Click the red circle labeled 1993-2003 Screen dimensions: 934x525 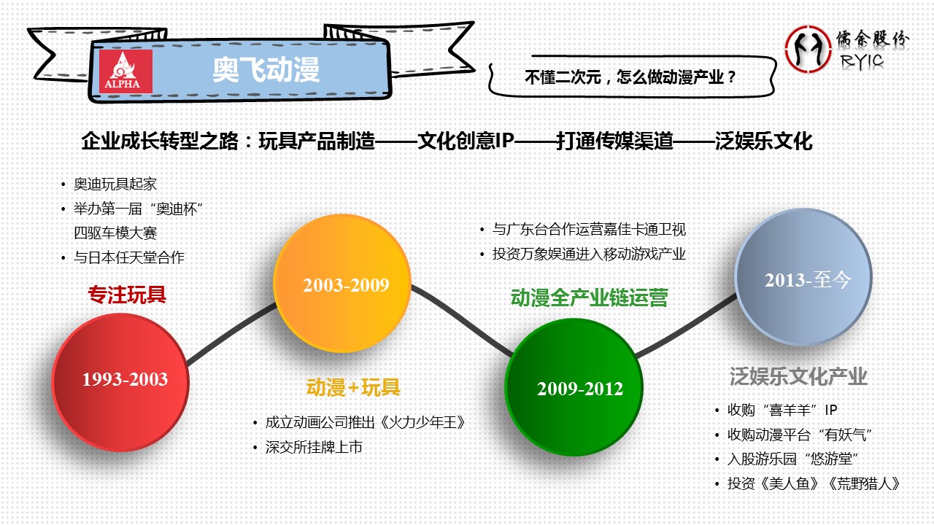tap(121, 382)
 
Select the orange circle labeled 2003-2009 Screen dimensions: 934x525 tap(342, 284)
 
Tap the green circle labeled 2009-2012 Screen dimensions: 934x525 tap(574, 387)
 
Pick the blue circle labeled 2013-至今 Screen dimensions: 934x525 tap(803, 277)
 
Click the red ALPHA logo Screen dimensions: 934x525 tap(126, 71)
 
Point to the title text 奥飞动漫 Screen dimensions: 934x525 tap(266, 69)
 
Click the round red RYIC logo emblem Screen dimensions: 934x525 tap(808, 49)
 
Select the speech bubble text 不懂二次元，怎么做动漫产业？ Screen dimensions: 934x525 tap(630, 77)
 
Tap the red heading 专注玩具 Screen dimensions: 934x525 tap(127, 294)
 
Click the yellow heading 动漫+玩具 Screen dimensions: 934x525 tap(353, 387)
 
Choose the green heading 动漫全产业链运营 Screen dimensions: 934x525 tap(589, 297)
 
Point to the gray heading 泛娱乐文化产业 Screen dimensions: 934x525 tap(798, 376)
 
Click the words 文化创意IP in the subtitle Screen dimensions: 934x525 tap(466, 141)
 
